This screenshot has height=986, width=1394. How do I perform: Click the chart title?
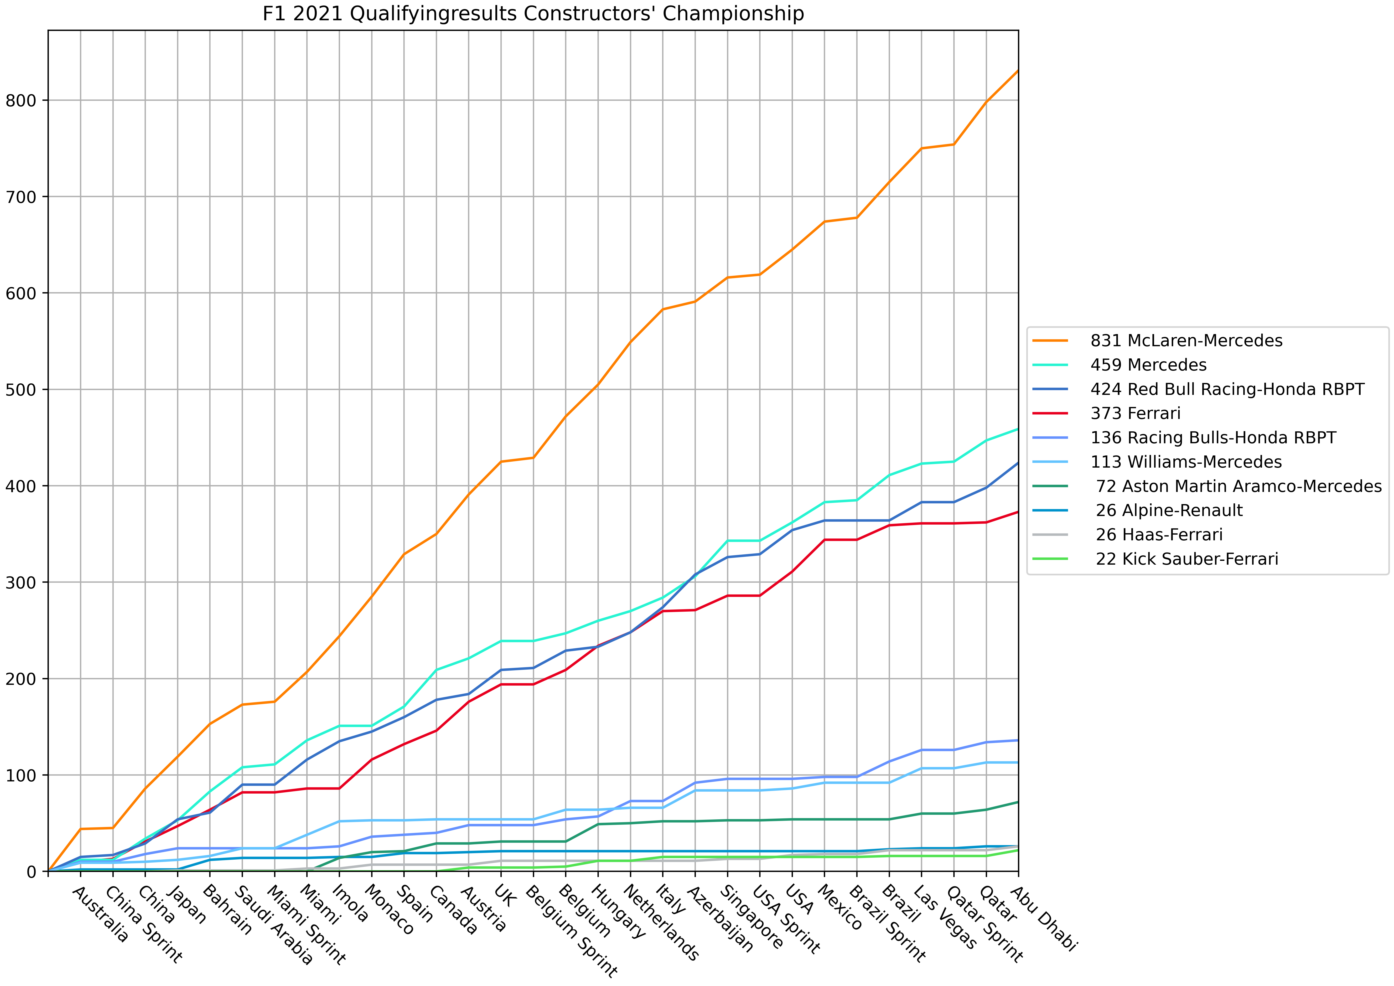tap(533, 13)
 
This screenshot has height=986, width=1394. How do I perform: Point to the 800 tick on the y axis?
tap(20, 100)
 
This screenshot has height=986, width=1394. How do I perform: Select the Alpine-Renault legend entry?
tap(1169, 511)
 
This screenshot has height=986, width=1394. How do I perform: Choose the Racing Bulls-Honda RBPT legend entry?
tap(1213, 438)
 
